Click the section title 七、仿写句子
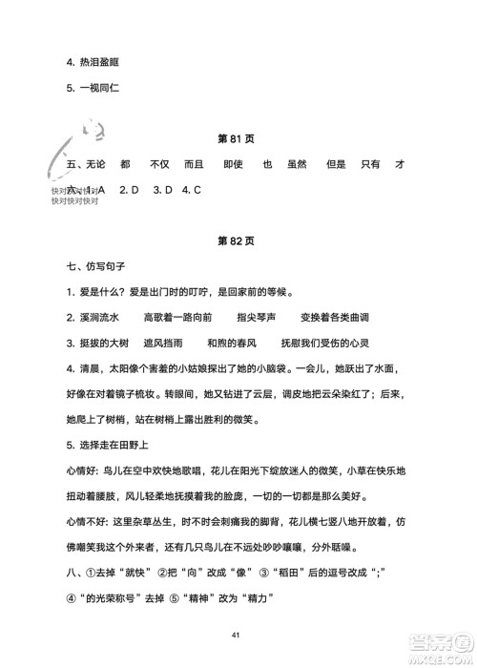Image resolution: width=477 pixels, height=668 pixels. pos(94,263)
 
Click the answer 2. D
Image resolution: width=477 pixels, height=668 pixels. pos(130,190)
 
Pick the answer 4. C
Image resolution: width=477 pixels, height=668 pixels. pos(192,190)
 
